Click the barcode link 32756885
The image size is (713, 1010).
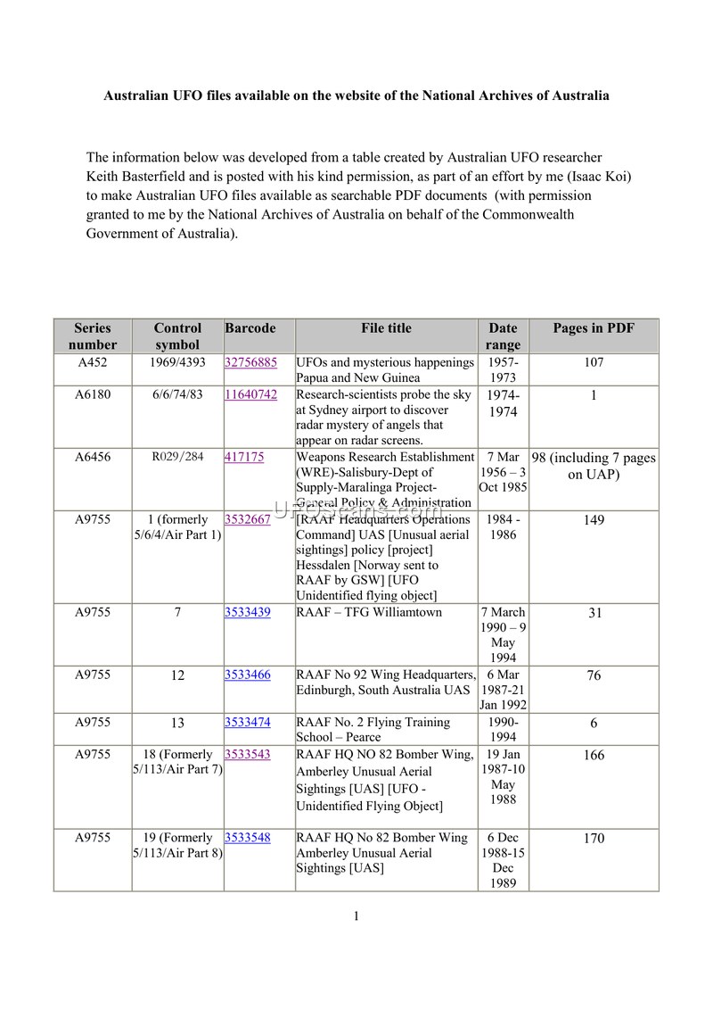[250, 363]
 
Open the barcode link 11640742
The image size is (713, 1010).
[250, 394]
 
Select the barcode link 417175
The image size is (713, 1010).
[244, 457]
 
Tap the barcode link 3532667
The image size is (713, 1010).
[248, 519]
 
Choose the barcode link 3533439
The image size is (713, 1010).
[248, 613]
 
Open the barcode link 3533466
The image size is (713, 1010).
[248, 675]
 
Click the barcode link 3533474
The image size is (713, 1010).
[248, 723]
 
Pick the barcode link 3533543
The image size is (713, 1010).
[248, 755]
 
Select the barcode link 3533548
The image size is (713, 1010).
[248, 839]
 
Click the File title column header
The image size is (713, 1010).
[386, 328]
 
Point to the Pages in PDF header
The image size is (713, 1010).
[594, 328]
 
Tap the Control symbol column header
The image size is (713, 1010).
[177, 336]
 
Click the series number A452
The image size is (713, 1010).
[93, 363]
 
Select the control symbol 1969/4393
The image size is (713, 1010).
[177, 363]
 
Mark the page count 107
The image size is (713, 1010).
[594, 363]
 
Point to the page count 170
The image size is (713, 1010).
[594, 839]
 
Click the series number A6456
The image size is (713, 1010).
[93, 457]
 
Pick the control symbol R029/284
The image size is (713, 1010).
[177, 457]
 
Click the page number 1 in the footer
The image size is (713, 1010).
[356, 916]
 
